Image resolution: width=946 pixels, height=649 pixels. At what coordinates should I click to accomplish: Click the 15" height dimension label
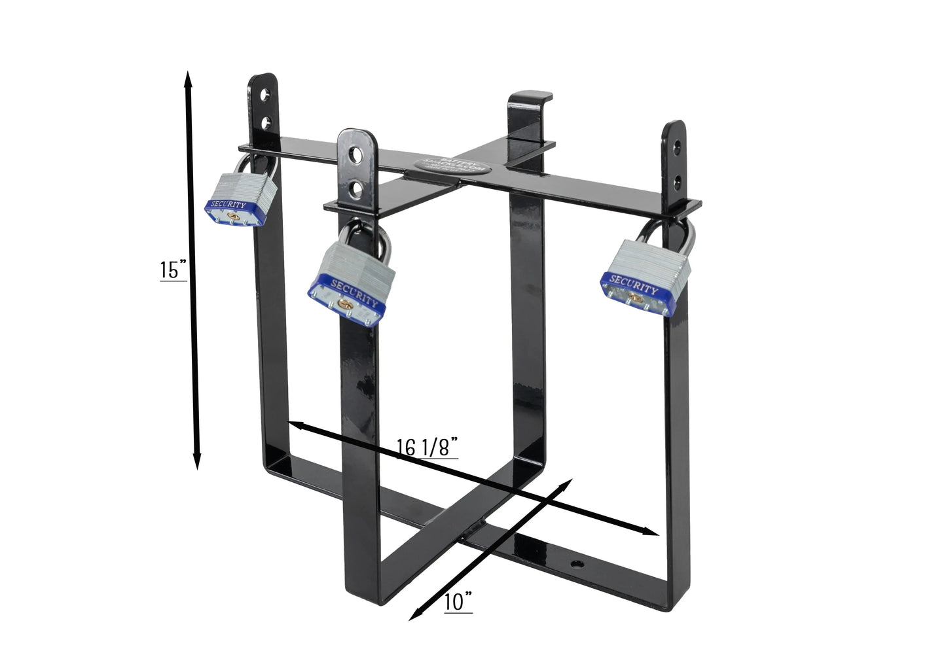pos(173,270)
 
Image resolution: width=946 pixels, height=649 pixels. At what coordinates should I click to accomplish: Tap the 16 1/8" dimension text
pos(426,447)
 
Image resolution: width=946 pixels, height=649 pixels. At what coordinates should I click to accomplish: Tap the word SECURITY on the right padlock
pos(634,285)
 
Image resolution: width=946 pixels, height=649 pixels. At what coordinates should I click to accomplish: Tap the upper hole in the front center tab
pos(355,155)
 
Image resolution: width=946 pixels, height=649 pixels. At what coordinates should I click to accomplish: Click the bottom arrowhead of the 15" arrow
pos(196,463)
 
